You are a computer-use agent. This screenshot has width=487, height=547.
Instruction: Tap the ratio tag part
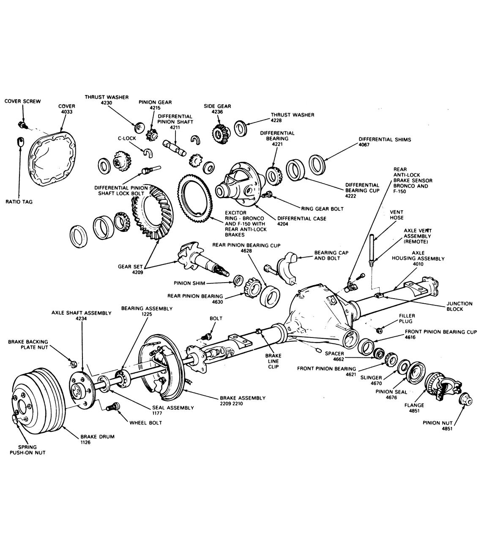tap(20, 142)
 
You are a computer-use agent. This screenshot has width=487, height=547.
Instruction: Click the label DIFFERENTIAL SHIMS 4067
tap(384, 142)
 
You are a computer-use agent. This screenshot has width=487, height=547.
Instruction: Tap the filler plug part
tap(379, 329)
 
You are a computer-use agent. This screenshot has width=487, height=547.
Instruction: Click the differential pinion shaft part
tap(175, 148)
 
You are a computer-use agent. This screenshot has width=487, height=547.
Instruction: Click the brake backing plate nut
tap(72, 363)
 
